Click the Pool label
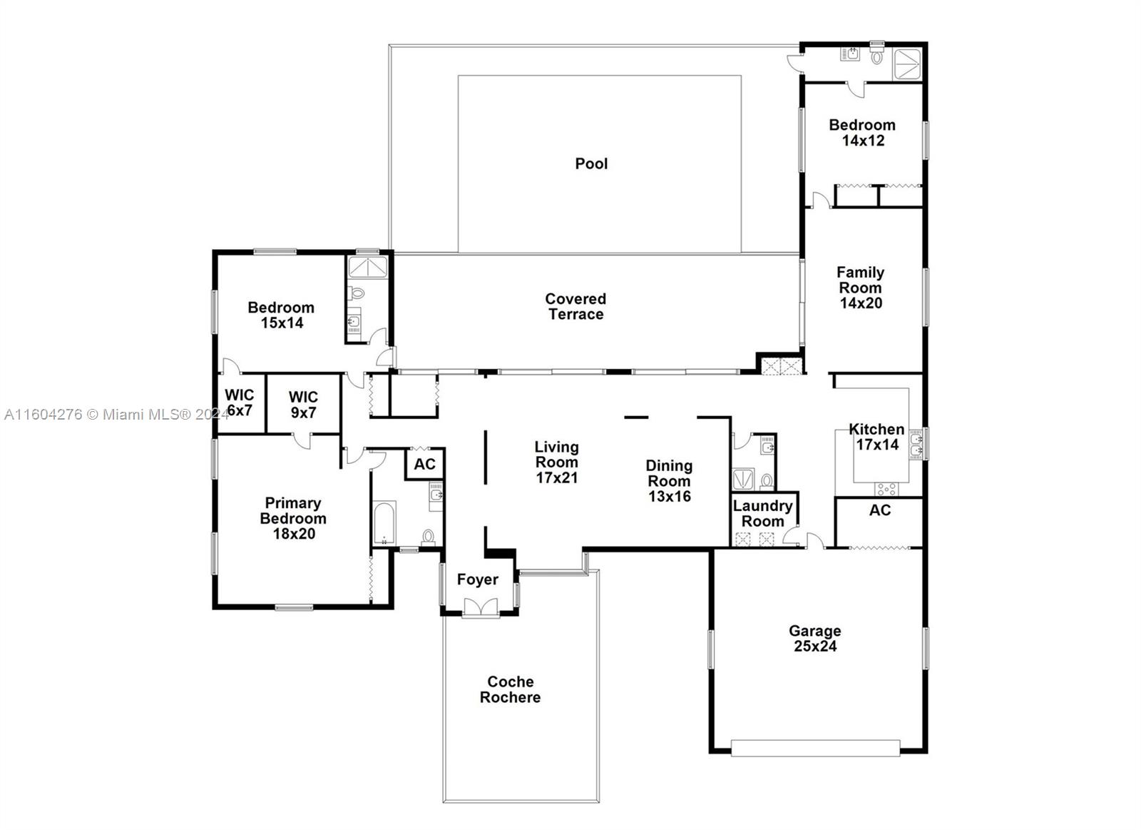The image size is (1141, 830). click(591, 163)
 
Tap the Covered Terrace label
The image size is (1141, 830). click(575, 307)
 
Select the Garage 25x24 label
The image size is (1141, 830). click(814, 639)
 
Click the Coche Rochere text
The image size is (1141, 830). click(510, 689)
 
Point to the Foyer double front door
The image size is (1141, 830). click(479, 608)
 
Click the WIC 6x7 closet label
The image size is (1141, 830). click(239, 403)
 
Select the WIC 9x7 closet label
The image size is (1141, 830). click(303, 405)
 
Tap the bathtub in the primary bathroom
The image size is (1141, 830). click(384, 523)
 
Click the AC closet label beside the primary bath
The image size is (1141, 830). click(424, 465)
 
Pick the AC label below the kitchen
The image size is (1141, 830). click(879, 510)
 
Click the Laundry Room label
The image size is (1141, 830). click(762, 514)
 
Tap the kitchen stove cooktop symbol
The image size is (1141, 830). click(886, 489)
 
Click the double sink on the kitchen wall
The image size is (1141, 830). click(916, 445)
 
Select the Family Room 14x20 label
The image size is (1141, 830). click(860, 288)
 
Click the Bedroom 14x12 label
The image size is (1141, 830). click(862, 133)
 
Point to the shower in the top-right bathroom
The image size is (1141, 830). click(907, 62)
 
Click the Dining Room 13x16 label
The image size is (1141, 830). click(669, 481)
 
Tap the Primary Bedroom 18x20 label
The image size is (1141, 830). click(293, 519)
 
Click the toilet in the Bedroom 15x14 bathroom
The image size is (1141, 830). click(356, 293)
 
